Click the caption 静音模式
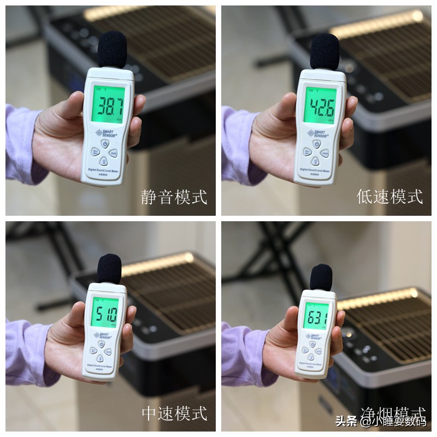(x=174, y=197)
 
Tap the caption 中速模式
(x=174, y=414)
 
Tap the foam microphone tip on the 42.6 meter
(x=324, y=51)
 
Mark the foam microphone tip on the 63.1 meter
(x=321, y=276)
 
